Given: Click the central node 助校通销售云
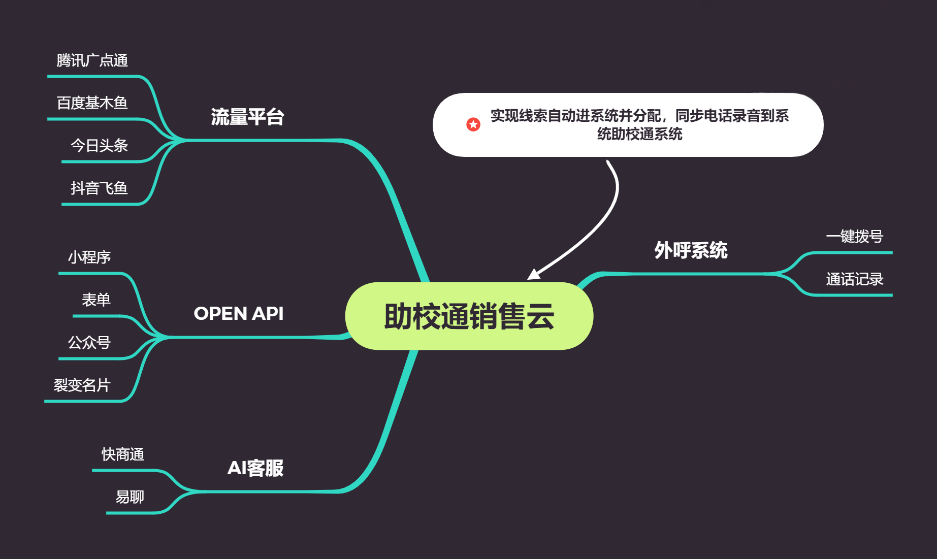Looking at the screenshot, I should [x=469, y=316].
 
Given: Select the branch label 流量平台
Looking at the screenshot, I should [x=247, y=117].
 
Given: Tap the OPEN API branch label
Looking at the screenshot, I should [x=238, y=313].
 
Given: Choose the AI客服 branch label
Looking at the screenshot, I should [x=255, y=468].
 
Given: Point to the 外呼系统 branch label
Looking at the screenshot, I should [x=691, y=250].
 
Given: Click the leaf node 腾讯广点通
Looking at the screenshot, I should [x=92, y=60].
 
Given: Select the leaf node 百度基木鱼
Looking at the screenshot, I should [x=92, y=103].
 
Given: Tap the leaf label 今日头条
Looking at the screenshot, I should [x=99, y=146].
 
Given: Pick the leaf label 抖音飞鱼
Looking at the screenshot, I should [x=99, y=188].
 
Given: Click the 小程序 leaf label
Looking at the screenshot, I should [x=89, y=257].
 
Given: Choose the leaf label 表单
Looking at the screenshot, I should [x=96, y=300].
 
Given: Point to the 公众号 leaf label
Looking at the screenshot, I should [x=89, y=343].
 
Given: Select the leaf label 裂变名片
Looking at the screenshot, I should [x=82, y=385].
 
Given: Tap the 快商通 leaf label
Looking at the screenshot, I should [x=123, y=454].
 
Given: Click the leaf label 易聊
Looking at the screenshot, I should [x=130, y=497].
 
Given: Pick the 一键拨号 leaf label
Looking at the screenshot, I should [x=854, y=237].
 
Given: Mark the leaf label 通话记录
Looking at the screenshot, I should [x=854, y=279].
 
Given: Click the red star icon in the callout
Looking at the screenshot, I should [x=473, y=124].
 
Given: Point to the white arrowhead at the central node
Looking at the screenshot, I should [x=533, y=274].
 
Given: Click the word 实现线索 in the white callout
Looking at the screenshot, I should [x=519, y=116].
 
